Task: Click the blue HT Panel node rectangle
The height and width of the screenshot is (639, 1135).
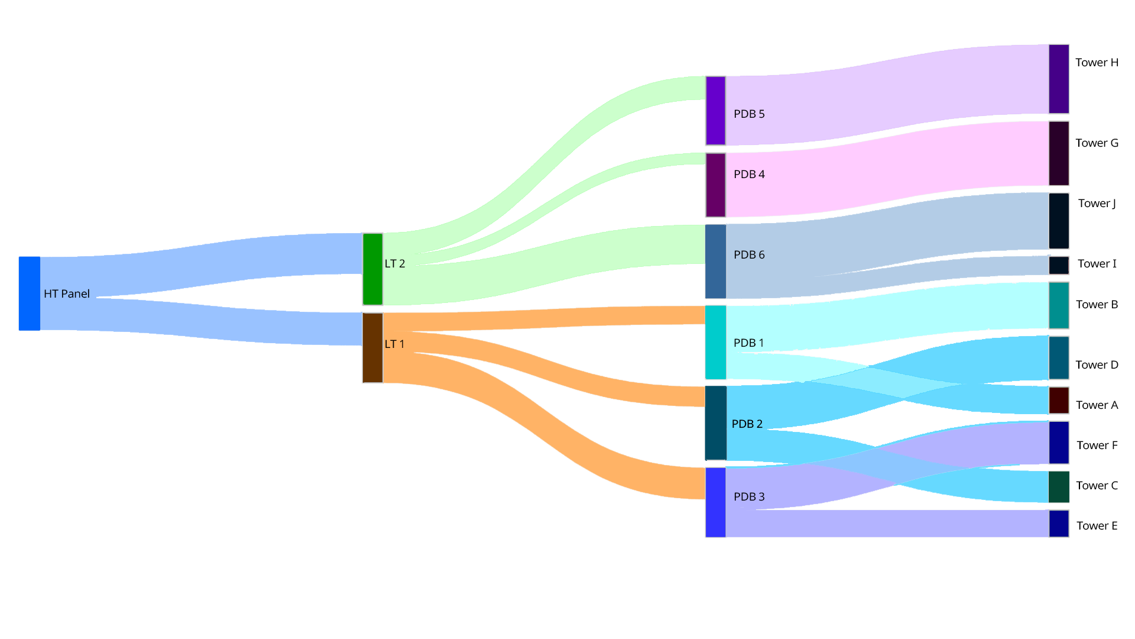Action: [x=30, y=293]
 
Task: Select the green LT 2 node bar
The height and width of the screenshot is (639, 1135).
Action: [x=372, y=269]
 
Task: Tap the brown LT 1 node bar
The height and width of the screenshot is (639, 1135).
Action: [x=372, y=348]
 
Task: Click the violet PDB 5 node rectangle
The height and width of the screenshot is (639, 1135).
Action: [x=715, y=111]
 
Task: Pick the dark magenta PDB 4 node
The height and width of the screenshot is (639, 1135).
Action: [x=715, y=185]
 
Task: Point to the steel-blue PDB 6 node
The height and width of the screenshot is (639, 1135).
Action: [x=715, y=262]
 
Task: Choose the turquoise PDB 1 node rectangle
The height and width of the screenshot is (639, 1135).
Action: [x=715, y=342]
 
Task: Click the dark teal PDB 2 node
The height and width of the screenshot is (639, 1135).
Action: [x=715, y=423]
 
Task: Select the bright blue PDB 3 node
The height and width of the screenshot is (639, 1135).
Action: [x=715, y=502]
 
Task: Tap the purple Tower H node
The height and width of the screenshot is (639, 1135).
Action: [x=1059, y=79]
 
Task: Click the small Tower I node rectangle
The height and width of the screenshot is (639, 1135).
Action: [x=1059, y=265]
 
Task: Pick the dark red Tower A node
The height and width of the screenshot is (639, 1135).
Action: [x=1059, y=401]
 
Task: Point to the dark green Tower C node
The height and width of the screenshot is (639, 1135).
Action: [x=1059, y=487]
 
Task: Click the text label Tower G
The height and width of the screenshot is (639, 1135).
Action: [x=1097, y=143]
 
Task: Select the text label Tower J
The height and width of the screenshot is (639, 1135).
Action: [x=1097, y=204]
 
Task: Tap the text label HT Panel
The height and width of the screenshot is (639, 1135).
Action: [x=67, y=294]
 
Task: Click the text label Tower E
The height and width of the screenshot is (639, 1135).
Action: [x=1097, y=526]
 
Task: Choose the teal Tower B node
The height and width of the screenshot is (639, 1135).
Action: [x=1059, y=305]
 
